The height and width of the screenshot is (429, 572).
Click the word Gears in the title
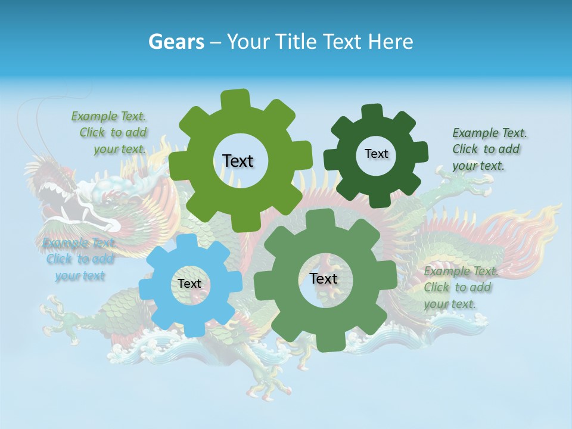coord(175,42)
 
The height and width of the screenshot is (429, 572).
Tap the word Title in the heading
coord(296,42)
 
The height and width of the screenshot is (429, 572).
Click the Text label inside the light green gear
coord(238,161)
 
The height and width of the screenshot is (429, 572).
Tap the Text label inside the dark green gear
coord(376,154)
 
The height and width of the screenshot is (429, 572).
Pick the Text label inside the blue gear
coord(189,284)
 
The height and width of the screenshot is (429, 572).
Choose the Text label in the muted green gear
coord(324,278)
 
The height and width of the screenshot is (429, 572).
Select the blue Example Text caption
coord(79,259)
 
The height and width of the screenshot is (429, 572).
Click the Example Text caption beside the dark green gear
coord(489,149)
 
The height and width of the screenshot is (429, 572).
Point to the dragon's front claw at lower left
coord(60,316)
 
